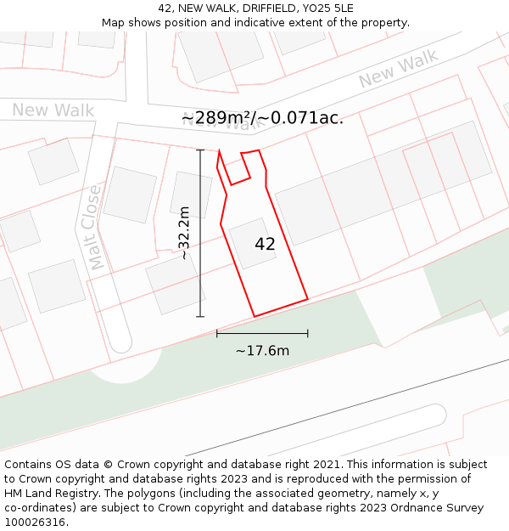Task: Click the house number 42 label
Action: (265, 244)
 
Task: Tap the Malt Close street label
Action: (95, 227)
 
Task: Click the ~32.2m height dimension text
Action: (184, 233)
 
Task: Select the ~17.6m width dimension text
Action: (262, 350)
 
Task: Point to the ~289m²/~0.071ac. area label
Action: (263, 118)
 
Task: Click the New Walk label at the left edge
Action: (53, 110)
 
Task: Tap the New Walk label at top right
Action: (398, 69)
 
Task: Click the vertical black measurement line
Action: (200, 255)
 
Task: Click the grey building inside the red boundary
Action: (253, 243)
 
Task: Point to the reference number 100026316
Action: (33, 523)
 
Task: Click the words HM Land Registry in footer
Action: (49, 494)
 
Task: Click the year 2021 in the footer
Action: (327, 465)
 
